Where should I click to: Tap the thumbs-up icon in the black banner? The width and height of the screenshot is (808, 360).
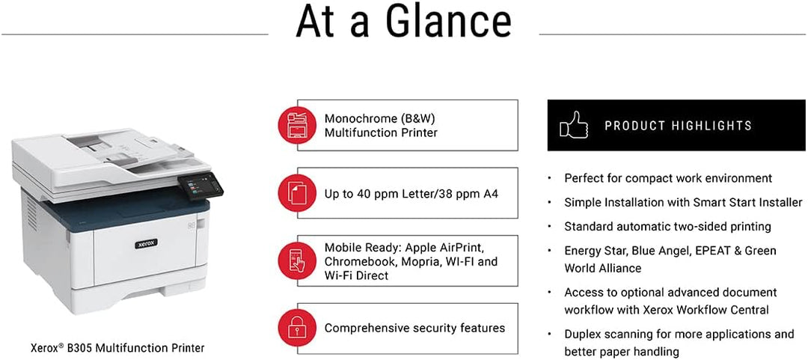pyautogui.click(x=574, y=124)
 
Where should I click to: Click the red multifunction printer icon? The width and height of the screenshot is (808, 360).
pyautogui.click(x=296, y=124)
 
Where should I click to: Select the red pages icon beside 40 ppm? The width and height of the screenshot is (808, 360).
pyautogui.click(x=296, y=193)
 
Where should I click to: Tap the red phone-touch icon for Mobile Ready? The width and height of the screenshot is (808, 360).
pyautogui.click(x=296, y=261)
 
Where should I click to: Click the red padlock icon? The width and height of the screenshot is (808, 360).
pyautogui.click(x=296, y=329)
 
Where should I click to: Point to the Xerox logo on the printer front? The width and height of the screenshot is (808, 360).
pyautogui.click(x=147, y=243)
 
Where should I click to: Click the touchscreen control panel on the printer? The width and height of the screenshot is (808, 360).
pyautogui.click(x=201, y=186)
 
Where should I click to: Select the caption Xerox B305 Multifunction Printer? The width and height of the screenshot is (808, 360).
pyautogui.click(x=117, y=347)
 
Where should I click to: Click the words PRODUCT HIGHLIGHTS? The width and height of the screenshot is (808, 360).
pyautogui.click(x=678, y=125)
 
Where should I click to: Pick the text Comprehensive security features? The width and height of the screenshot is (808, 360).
pyautogui.click(x=414, y=328)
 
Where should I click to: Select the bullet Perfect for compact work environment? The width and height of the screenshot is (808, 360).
pyautogui.click(x=668, y=178)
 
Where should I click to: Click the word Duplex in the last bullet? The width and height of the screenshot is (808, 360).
pyautogui.click(x=584, y=335)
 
